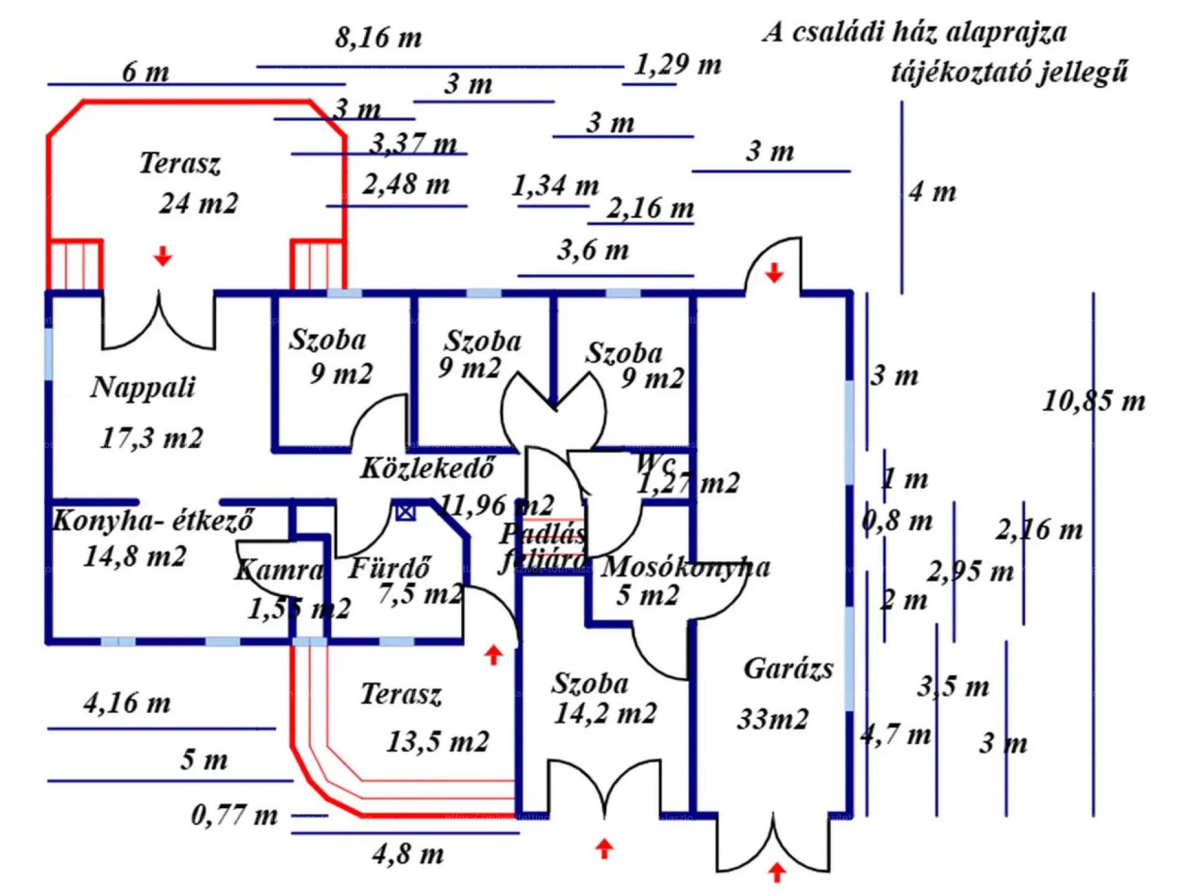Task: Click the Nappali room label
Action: click(143, 388)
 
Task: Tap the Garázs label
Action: click(788, 669)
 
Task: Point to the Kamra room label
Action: click(279, 570)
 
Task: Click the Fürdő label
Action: click(390, 568)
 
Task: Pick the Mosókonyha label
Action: click(685, 567)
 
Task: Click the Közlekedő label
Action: click(428, 469)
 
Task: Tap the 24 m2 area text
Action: click(199, 203)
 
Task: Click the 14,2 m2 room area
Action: click(605, 714)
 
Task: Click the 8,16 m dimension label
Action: click(378, 38)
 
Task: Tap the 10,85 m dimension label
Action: click(1094, 401)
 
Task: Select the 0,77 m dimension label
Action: click(234, 815)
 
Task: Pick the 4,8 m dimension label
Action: click(408, 854)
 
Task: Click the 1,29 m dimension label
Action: click(678, 65)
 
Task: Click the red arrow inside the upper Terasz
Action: click(163, 256)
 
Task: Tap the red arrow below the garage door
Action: click(776, 872)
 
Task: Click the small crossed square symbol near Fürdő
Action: click(405, 512)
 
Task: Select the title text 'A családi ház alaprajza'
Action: click(914, 32)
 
